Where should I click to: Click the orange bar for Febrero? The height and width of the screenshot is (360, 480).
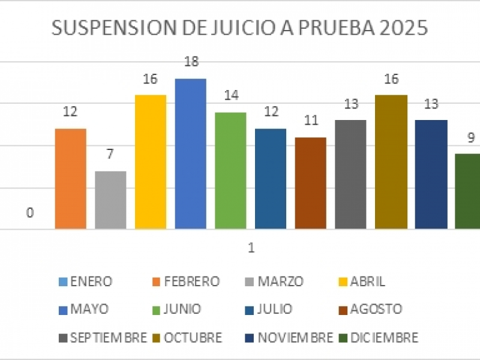coord(70,179)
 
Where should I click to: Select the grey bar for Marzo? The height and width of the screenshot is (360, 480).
coord(110,200)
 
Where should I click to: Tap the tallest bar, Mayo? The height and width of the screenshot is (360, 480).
coord(190,154)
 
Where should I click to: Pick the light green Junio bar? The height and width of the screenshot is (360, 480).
coord(230,170)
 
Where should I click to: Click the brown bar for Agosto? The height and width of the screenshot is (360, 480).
coord(310,183)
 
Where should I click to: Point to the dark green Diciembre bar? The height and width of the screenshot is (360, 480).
coord(468,191)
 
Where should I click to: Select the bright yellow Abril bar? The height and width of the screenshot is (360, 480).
coord(150,162)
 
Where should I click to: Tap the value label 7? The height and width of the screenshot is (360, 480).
coord(110,154)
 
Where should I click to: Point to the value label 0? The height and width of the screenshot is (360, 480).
coord(29,213)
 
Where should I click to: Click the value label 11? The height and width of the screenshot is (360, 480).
coord(310,120)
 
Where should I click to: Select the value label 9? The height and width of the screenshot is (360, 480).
coord(472,137)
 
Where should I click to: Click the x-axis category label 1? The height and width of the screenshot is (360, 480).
coord(251,247)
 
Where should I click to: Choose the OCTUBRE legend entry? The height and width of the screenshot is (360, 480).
coord(190,338)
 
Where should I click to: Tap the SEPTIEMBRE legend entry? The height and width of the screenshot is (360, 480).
coord(103,338)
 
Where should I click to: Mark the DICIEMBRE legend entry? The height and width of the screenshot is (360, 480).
coord(380,338)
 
